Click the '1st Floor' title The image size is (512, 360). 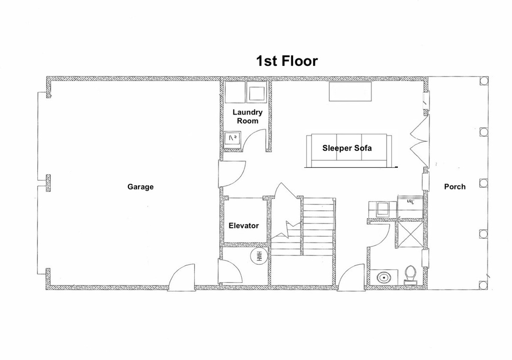[287, 61]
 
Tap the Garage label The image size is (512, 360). [140, 187]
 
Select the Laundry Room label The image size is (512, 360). [247, 117]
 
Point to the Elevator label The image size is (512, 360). [244, 225]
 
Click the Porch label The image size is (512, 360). [455, 187]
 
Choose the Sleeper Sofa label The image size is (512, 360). [347, 148]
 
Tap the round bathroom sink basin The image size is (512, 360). [384, 278]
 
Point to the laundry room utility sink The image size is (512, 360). [232, 138]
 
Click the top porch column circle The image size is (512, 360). [484, 81]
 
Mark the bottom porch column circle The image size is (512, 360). [484, 285]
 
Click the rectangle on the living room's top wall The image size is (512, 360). [350, 91]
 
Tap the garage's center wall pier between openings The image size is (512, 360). [48, 183]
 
